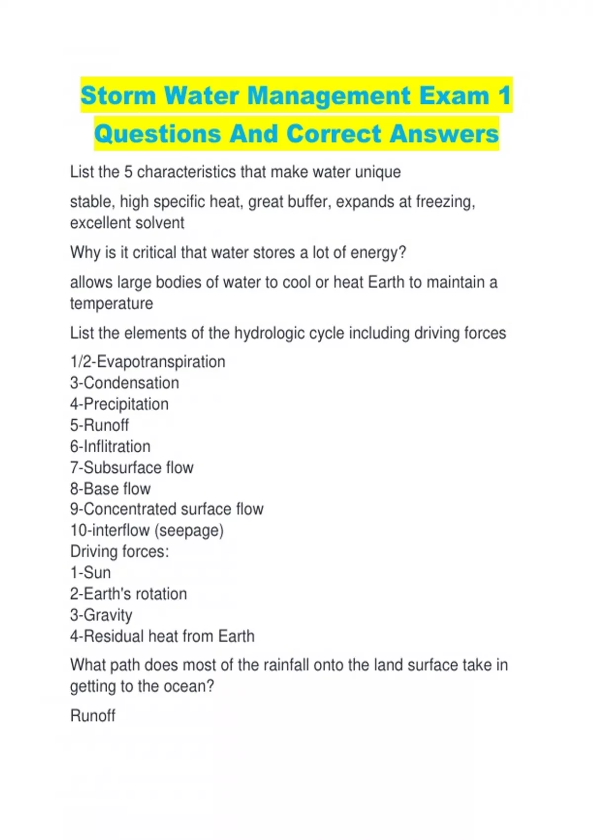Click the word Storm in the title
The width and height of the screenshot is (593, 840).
click(x=118, y=95)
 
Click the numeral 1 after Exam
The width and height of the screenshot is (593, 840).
click(x=505, y=95)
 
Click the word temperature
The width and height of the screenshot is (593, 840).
click(x=111, y=303)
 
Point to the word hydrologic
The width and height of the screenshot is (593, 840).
click(x=269, y=333)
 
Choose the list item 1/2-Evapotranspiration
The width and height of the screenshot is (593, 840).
click(x=147, y=362)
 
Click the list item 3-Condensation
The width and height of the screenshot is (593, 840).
click(x=125, y=383)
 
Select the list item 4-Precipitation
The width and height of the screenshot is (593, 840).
click(x=119, y=404)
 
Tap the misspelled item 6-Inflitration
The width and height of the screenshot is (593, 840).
click(x=110, y=447)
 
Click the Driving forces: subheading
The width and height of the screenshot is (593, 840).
click(x=120, y=551)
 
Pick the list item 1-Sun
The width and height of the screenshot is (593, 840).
click(x=90, y=573)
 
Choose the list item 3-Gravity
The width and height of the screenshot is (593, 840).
click(x=101, y=615)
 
